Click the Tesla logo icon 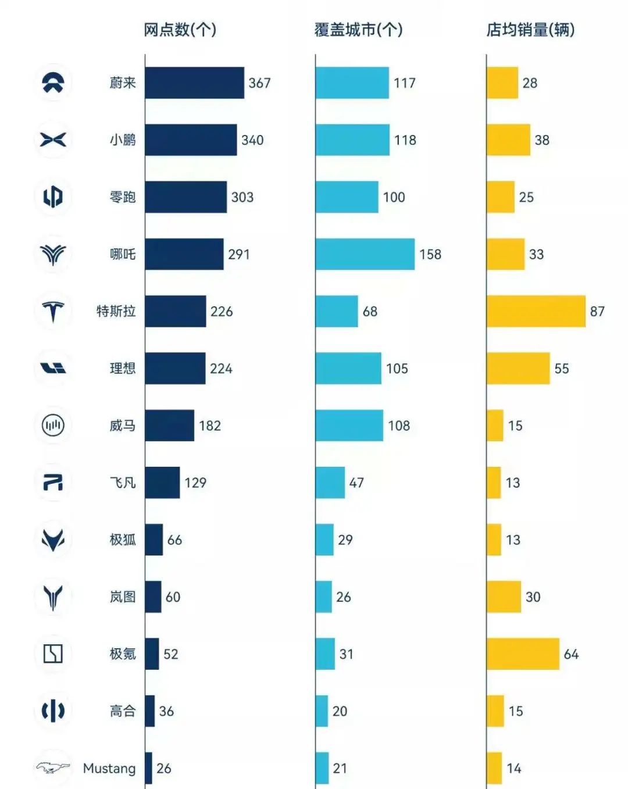point(53,311)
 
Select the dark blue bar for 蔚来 point(194,83)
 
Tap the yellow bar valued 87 point(536,311)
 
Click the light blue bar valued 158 point(365,254)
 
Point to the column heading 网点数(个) point(180,30)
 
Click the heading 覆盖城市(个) point(358,30)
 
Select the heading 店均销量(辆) point(530,30)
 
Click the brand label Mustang point(109,768)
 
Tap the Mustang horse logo point(53,768)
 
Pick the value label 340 point(252,140)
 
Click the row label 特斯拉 point(116,311)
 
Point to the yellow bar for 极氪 point(523,654)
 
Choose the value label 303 point(242,197)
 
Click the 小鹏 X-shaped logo point(53,140)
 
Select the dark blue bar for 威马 point(169,425)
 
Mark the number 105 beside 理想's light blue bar point(397,369)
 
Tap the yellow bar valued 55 point(518,368)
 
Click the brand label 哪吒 point(123,254)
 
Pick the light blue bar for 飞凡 point(330,483)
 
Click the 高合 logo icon point(53,711)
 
